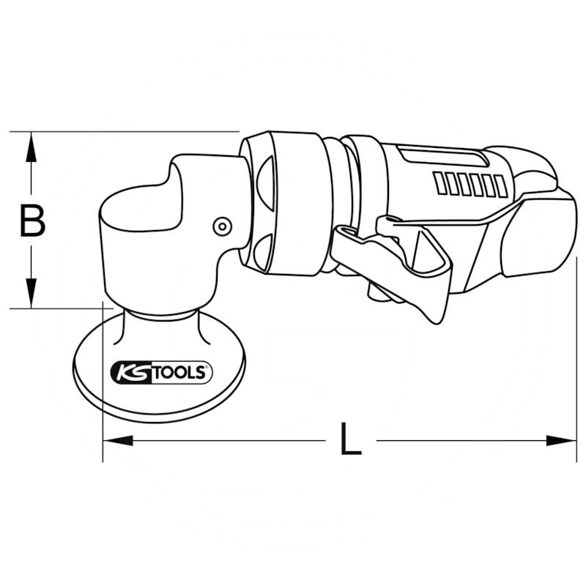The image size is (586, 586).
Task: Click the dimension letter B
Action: tap(31, 220)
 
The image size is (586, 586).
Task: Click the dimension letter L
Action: tap(351, 440)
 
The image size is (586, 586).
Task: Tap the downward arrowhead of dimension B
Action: tap(31, 295)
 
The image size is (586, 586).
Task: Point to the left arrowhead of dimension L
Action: tap(117, 440)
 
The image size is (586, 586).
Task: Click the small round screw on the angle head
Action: tap(220, 226)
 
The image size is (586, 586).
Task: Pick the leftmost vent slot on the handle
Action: tap(439, 183)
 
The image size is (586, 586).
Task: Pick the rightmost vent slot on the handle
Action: tap(501, 186)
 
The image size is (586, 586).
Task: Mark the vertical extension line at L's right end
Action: tap(576, 352)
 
